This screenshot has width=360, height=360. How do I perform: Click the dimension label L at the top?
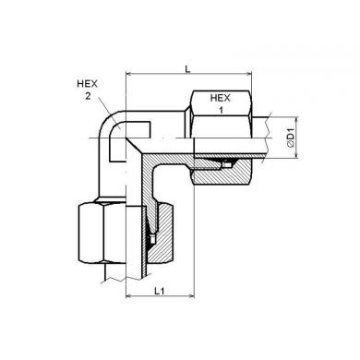point(187,68)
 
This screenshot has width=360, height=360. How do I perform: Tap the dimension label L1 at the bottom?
point(160,291)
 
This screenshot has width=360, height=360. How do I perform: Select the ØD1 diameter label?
point(291,138)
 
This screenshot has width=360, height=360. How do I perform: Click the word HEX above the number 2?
point(87,84)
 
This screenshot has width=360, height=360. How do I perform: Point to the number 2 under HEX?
point(88,96)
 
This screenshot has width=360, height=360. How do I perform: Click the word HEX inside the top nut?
point(220,98)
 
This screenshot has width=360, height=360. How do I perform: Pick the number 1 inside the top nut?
point(221,110)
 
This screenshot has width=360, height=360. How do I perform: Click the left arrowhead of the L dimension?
point(130,74)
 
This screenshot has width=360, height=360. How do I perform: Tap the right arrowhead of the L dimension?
point(248,74)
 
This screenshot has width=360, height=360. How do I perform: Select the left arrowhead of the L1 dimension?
point(130,296)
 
